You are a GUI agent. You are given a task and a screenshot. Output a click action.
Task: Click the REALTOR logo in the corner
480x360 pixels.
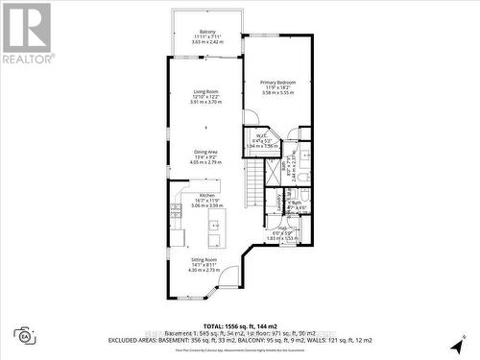(27, 33)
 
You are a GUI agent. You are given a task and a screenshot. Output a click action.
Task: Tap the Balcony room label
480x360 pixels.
(207, 31)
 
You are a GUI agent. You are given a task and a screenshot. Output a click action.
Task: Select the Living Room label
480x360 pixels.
(207, 92)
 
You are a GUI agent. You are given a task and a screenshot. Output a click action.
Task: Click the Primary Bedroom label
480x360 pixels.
(277, 83)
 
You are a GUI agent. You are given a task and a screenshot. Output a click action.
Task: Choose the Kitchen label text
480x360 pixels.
(207, 195)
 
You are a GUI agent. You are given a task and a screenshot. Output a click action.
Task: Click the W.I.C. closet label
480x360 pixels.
(258, 135)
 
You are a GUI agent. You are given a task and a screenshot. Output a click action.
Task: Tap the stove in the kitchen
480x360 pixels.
(176, 209)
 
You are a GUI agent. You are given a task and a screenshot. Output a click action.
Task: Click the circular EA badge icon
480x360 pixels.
(22, 336)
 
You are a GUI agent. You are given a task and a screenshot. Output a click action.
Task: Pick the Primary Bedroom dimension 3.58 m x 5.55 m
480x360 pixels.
(277, 94)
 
